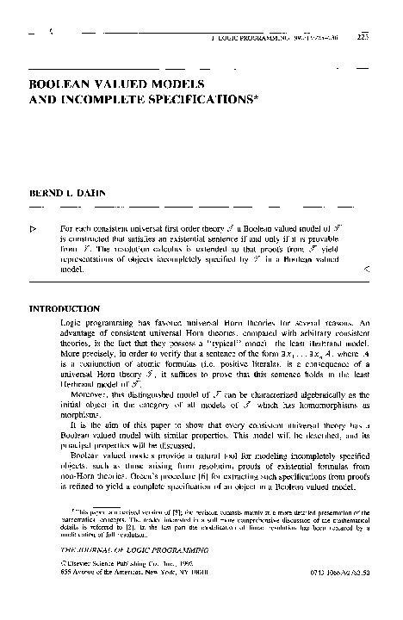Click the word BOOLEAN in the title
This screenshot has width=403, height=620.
(62, 87)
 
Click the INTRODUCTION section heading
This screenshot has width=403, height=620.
(71, 308)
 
